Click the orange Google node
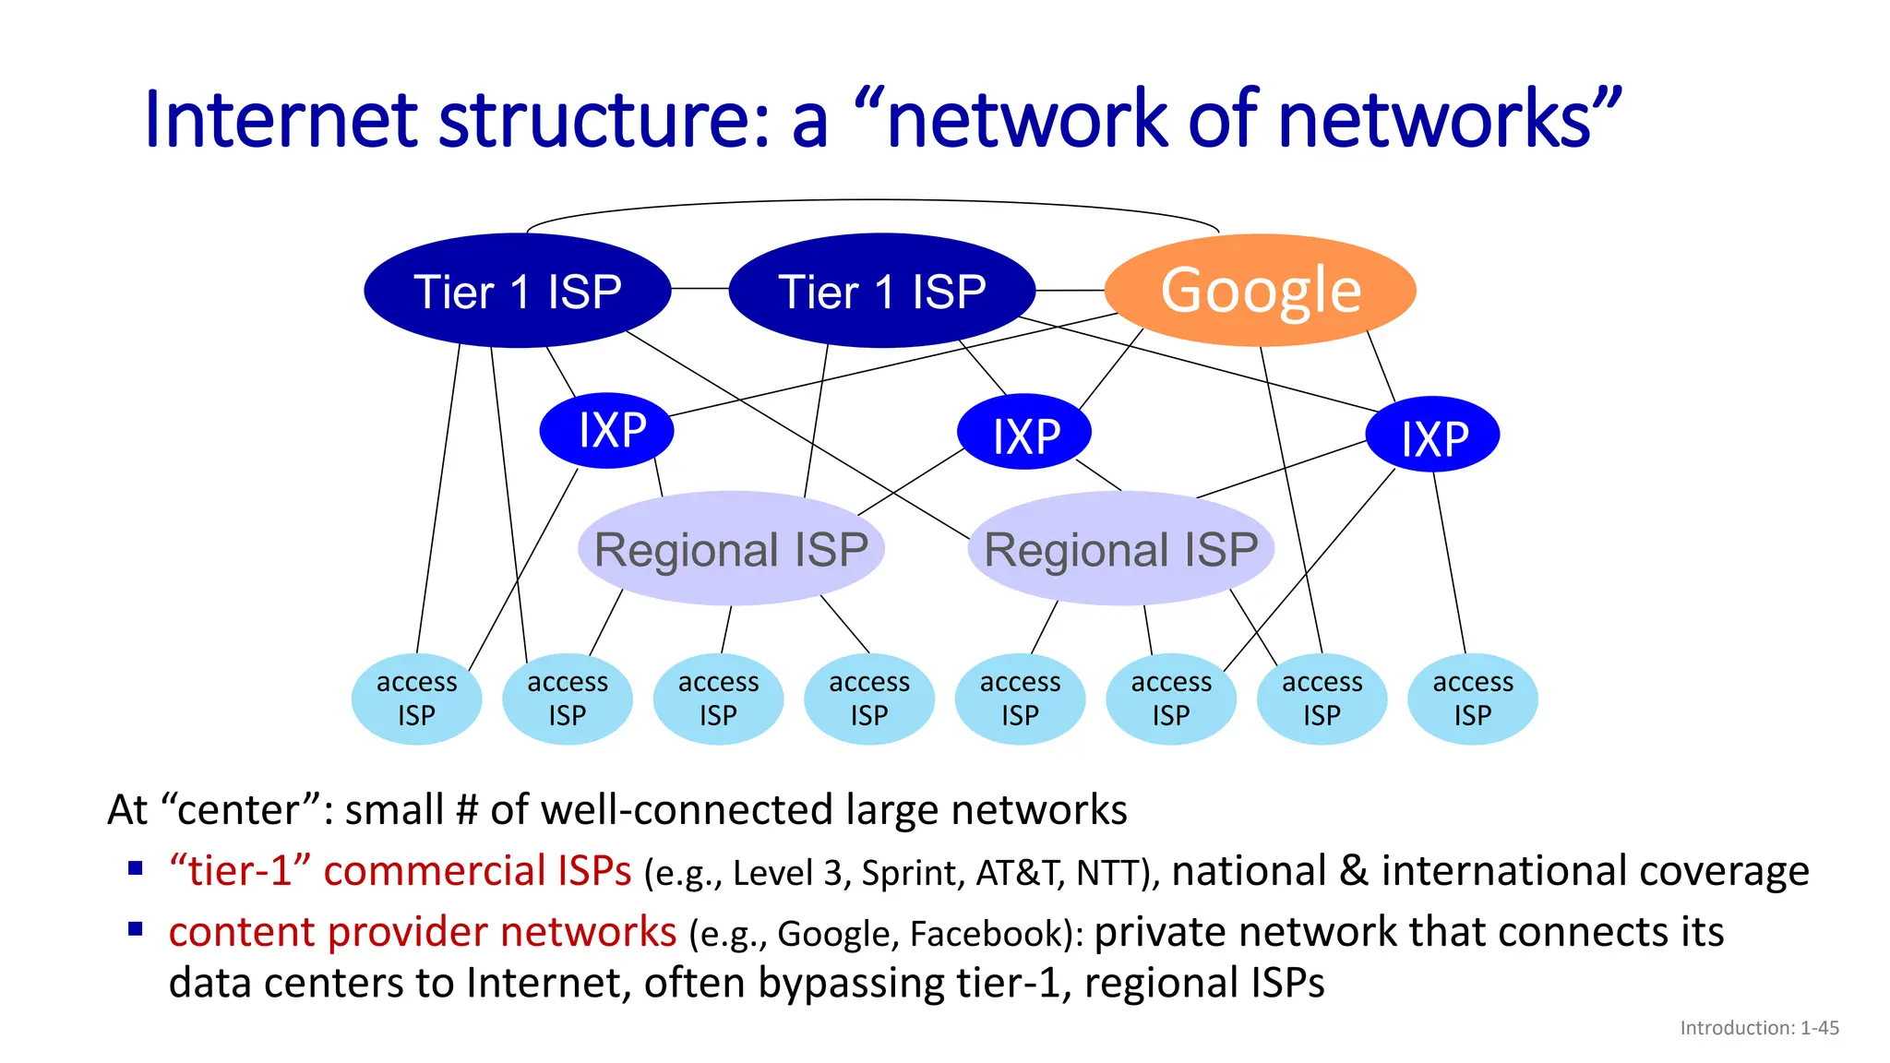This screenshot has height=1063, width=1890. (1260, 290)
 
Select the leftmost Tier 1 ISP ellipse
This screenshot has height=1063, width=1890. (517, 291)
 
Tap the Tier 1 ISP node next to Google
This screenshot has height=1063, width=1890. (881, 291)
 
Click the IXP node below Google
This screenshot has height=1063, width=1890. (1432, 435)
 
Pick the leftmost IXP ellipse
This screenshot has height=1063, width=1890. (606, 431)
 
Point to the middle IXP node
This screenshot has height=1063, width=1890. (1024, 433)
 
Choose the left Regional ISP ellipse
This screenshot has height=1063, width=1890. (731, 549)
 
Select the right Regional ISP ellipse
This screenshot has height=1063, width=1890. (1120, 549)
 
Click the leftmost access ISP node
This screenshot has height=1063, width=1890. (416, 699)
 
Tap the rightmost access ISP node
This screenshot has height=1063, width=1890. (1472, 699)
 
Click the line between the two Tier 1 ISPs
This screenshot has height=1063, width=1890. (700, 289)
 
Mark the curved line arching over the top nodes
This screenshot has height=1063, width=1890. (872, 200)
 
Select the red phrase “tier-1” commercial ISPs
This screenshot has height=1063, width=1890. (400, 871)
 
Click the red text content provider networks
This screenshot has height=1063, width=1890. (422, 932)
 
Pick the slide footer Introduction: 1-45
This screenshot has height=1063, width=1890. (1759, 1028)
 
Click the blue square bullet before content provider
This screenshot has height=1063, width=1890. (136, 928)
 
